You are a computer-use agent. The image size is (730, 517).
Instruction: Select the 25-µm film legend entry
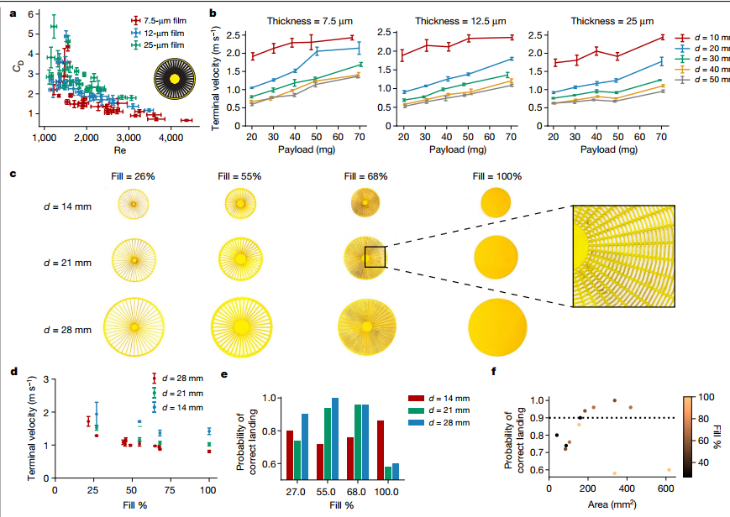160,44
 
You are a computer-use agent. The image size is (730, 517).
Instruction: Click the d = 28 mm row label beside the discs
67,330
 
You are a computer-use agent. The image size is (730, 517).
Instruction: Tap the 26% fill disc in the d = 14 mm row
133,202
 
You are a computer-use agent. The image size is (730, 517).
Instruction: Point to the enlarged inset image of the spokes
623,257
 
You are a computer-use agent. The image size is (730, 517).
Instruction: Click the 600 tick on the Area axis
666,488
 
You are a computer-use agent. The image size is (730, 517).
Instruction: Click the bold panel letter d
13,373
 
